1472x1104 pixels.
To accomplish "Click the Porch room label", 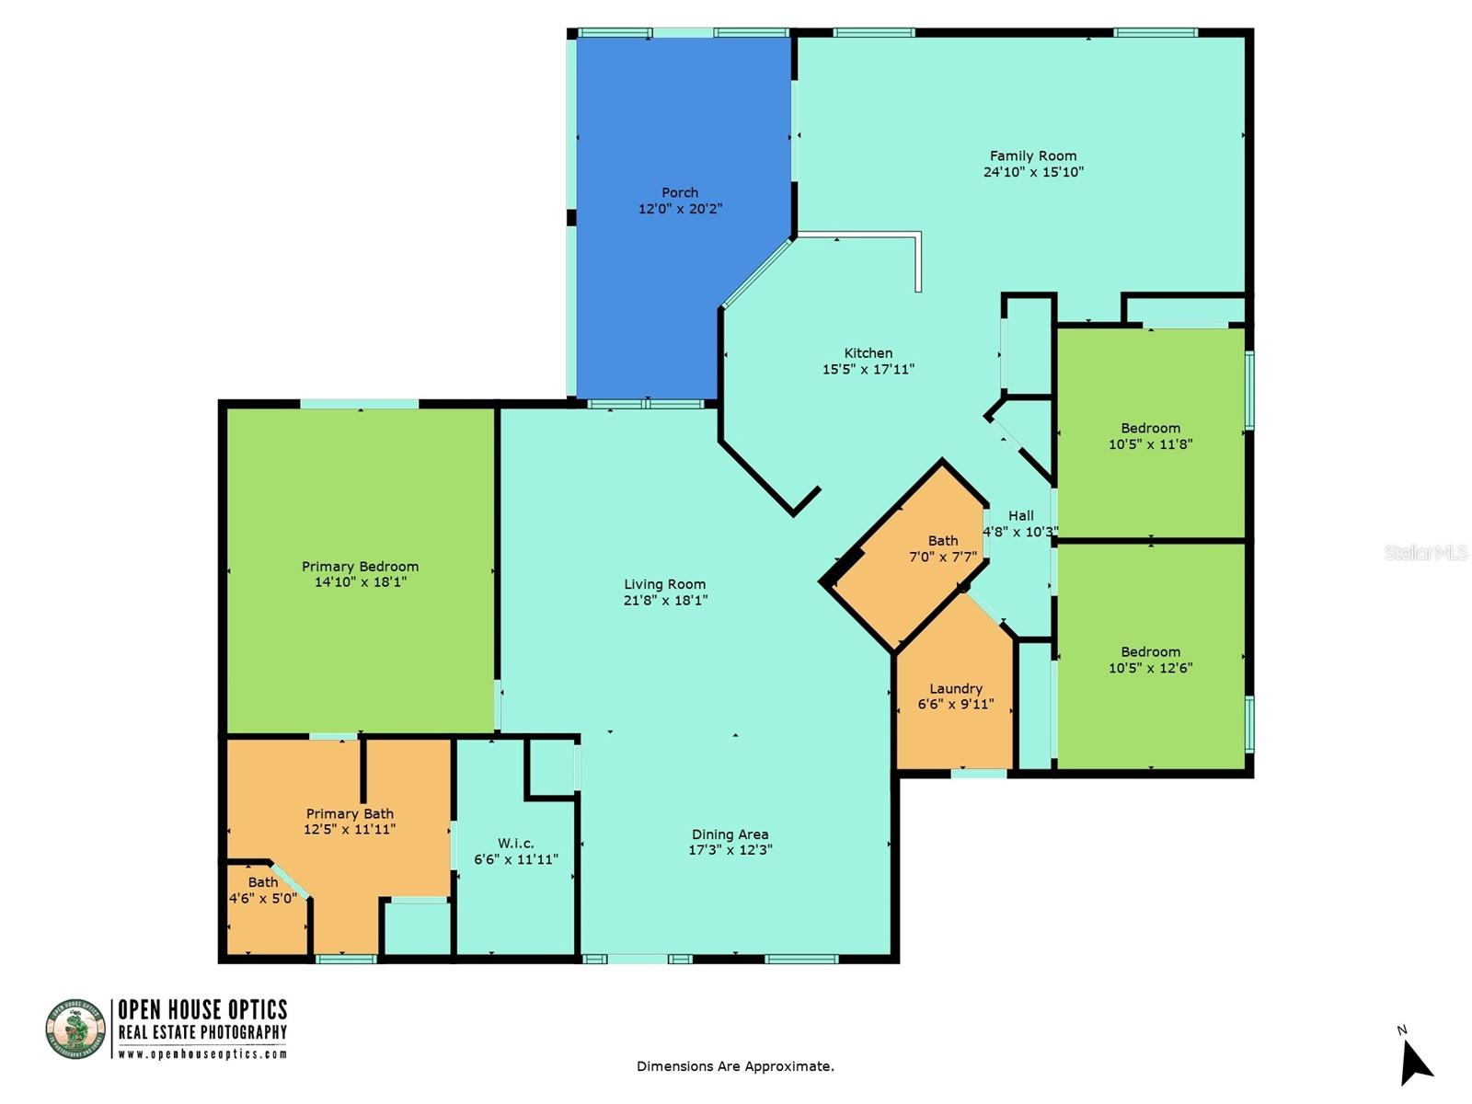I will click(x=680, y=192).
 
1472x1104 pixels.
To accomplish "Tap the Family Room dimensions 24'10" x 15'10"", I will click(x=1033, y=172).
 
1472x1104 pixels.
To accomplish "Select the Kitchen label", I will click(x=868, y=353).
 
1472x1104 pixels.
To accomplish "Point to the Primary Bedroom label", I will click(x=360, y=567).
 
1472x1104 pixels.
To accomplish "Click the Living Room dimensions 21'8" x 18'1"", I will click(x=665, y=601).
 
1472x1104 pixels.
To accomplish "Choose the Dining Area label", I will click(x=730, y=834).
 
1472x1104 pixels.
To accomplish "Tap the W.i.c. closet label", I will click(x=515, y=843).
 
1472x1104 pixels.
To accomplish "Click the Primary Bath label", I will click(x=350, y=813).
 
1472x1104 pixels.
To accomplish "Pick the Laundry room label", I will click(x=956, y=688).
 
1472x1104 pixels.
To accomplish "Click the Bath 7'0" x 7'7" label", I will click(x=943, y=541).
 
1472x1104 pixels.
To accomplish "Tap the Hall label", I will click(x=1020, y=516).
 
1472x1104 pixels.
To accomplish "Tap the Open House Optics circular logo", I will click(x=75, y=1029).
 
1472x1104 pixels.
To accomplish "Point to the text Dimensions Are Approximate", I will click(x=735, y=1066).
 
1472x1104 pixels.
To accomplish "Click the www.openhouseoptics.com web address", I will click(x=202, y=1054).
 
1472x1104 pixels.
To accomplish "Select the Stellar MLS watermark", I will click(x=1425, y=552).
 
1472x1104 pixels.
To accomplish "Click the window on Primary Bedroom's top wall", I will click(x=360, y=404).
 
